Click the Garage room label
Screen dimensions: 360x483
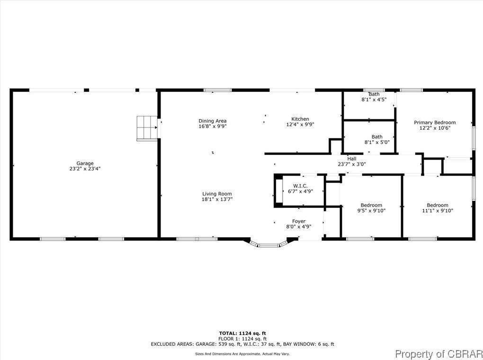click(85, 163)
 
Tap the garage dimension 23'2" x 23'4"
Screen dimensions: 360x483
click(85, 169)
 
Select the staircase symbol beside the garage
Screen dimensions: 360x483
click(147, 127)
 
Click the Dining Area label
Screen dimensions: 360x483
click(212, 121)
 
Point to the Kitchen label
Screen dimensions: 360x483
click(300, 119)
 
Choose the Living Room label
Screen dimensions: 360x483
click(217, 194)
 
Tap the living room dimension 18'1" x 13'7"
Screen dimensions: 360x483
click(217, 199)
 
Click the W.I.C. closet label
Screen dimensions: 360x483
click(300, 186)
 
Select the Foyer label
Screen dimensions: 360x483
click(298, 221)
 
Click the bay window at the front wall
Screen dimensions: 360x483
click(269, 244)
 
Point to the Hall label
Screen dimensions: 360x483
click(351, 159)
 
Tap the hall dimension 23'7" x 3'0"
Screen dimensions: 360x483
click(351, 164)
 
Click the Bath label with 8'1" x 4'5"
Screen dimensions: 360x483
click(374, 94)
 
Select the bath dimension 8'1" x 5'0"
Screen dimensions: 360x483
click(376, 142)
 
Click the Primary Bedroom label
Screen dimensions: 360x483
click(435, 122)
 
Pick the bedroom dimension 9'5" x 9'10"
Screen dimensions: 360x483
click(371, 211)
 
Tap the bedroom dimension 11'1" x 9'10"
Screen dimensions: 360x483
click(437, 211)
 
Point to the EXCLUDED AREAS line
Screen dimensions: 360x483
click(242, 344)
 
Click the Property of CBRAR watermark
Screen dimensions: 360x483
click(438, 353)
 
